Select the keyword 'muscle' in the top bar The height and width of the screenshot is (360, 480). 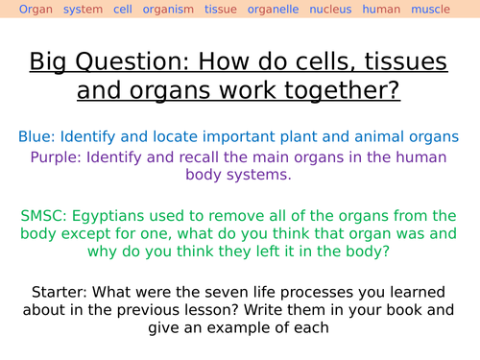pos(430,10)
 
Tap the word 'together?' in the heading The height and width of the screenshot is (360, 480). pos(341,92)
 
